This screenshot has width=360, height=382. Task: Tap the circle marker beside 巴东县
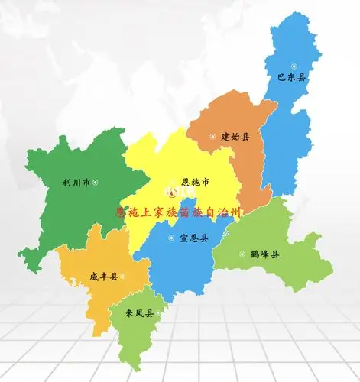(x=294, y=66)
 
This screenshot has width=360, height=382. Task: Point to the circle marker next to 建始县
(x=212, y=137)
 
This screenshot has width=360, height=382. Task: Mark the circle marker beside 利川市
(x=96, y=182)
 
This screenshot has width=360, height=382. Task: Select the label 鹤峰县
(x=264, y=254)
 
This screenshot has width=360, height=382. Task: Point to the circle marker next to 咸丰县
(x=123, y=277)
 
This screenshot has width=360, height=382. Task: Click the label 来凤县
(x=140, y=312)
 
